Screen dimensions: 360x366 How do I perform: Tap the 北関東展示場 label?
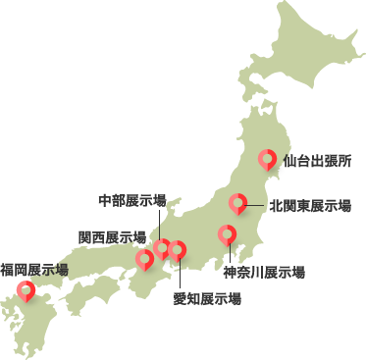[x=309, y=205]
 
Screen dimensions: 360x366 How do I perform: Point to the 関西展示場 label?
[x=112, y=236]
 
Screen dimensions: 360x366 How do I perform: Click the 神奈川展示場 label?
[x=263, y=272]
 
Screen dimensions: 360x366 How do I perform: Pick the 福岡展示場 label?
[x=34, y=269]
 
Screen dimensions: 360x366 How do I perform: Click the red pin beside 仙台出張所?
[x=267, y=159]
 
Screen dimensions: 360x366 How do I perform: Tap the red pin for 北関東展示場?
[x=237, y=203]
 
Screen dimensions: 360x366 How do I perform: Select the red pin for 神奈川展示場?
[x=227, y=234]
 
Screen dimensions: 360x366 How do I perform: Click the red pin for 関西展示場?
[x=145, y=259]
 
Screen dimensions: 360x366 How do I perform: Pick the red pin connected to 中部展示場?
[x=163, y=248]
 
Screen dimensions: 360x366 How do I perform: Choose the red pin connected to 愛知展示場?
[x=178, y=250]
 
